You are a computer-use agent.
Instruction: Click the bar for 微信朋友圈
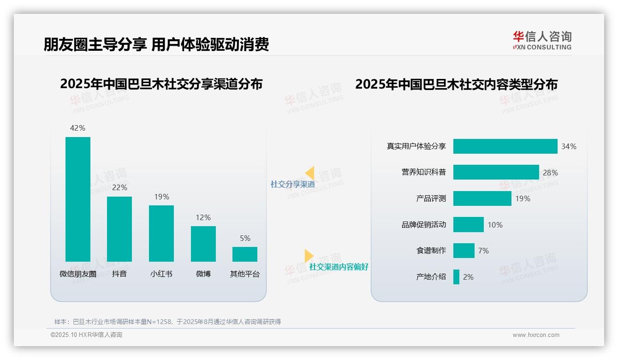point(78,199)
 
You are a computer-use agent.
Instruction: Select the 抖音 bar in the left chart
point(119,229)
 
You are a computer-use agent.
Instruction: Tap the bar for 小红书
point(161,234)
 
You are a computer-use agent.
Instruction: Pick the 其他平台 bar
point(245,254)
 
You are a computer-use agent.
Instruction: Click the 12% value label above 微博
point(203,217)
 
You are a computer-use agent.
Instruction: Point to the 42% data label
point(77,128)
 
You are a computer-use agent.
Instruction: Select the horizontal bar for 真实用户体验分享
point(505,146)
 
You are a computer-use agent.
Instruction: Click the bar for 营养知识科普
point(496,172)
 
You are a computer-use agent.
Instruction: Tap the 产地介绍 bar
point(456,277)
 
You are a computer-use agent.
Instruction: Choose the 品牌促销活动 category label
point(423,225)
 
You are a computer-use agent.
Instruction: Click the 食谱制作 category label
point(431,251)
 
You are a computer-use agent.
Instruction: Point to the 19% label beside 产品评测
point(523,198)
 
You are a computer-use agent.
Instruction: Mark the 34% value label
point(569,146)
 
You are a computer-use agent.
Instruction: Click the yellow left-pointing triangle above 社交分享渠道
point(310,173)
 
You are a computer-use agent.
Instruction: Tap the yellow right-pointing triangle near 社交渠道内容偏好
point(309,256)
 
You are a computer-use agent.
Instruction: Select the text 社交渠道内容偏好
point(339,267)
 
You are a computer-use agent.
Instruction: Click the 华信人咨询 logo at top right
point(542,40)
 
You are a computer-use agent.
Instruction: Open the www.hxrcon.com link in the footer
point(536,335)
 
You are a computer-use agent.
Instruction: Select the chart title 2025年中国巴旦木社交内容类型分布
point(456,84)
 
